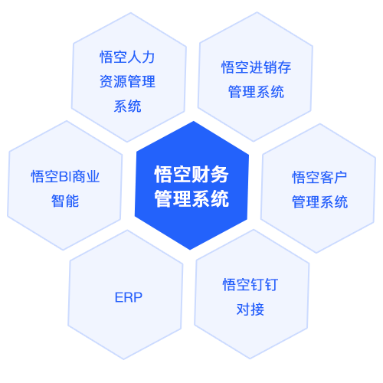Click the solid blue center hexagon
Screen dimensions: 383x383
pyautogui.click(x=191, y=185)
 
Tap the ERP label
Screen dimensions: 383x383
pyautogui.click(x=129, y=297)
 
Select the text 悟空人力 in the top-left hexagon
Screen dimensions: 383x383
pyautogui.click(x=127, y=57)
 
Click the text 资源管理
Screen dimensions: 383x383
pyautogui.click(x=127, y=81)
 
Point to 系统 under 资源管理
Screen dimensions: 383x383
pyautogui.click(x=127, y=106)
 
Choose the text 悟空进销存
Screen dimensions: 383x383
pyautogui.click(x=256, y=67)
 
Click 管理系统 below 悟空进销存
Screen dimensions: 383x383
pyautogui.click(x=256, y=92)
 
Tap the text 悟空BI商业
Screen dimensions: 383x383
pyautogui.click(x=65, y=177)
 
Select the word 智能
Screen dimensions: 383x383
pyautogui.click(x=65, y=201)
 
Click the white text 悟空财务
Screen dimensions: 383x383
pyautogui.click(x=191, y=175)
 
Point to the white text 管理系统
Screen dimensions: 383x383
pyautogui.click(x=191, y=198)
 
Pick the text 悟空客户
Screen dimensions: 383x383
pyautogui.click(x=319, y=178)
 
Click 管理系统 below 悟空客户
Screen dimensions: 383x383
pyautogui.click(x=319, y=201)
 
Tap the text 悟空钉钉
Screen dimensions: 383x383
pyautogui.click(x=250, y=285)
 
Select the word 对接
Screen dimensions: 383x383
pyautogui.click(x=250, y=309)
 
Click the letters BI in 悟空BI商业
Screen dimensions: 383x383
pyautogui.click(x=65, y=177)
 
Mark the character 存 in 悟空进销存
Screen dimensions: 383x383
pyautogui.click(x=284, y=67)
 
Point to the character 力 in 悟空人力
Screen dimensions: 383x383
pyautogui.click(x=149, y=57)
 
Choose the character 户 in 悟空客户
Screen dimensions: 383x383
pyautogui.click(x=341, y=178)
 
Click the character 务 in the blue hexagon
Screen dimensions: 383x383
pyautogui.click(x=220, y=175)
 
